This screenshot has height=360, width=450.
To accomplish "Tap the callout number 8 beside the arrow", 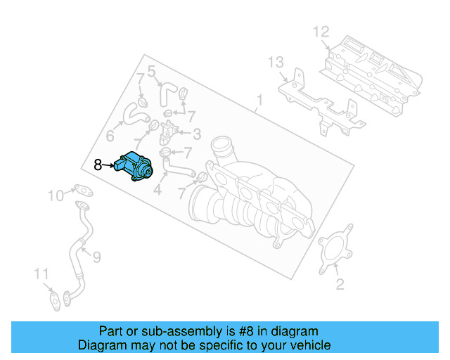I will [x=98, y=166].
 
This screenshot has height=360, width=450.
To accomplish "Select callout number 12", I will [x=321, y=32].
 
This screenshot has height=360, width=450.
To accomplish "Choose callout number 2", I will [x=340, y=284].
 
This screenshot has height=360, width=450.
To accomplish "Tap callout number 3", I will [x=197, y=134].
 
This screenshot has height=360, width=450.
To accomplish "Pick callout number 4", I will [x=157, y=189].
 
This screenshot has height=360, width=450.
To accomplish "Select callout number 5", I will [x=150, y=70].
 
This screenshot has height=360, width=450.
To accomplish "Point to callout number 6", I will [x=110, y=136].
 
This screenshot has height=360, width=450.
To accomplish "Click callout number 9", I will [x=96, y=257].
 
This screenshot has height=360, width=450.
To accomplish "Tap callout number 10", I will [x=56, y=195].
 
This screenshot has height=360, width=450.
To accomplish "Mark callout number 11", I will [x=42, y=274].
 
